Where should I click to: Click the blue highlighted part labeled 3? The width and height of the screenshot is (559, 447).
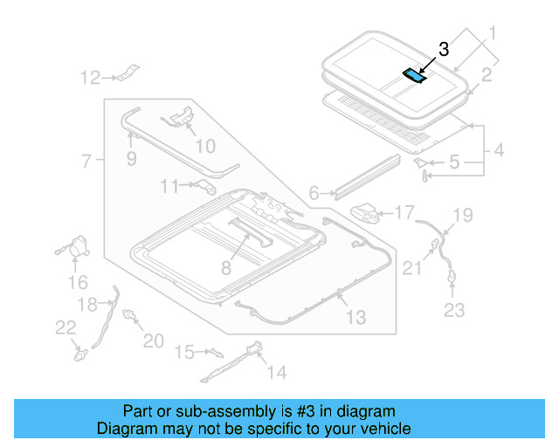pyautogui.click(x=414, y=75)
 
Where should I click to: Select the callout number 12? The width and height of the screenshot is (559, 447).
pyautogui.click(x=91, y=79)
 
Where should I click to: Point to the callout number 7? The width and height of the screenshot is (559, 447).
pyautogui.click(x=86, y=161)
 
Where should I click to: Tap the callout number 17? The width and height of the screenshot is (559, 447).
pyautogui.click(x=404, y=212)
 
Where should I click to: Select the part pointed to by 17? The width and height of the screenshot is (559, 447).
pyautogui.click(x=367, y=212)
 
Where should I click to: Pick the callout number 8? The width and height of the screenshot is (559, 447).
pyautogui.click(x=226, y=269)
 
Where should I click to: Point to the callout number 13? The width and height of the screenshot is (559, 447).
pyautogui.click(x=355, y=318)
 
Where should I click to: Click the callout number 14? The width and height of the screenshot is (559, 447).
pyautogui.click(x=276, y=373)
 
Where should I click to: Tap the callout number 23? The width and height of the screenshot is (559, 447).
pyautogui.click(x=455, y=309)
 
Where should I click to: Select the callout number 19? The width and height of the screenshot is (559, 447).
pyautogui.click(x=462, y=215)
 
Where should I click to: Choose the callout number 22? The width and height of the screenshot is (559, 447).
pyautogui.click(x=65, y=327)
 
